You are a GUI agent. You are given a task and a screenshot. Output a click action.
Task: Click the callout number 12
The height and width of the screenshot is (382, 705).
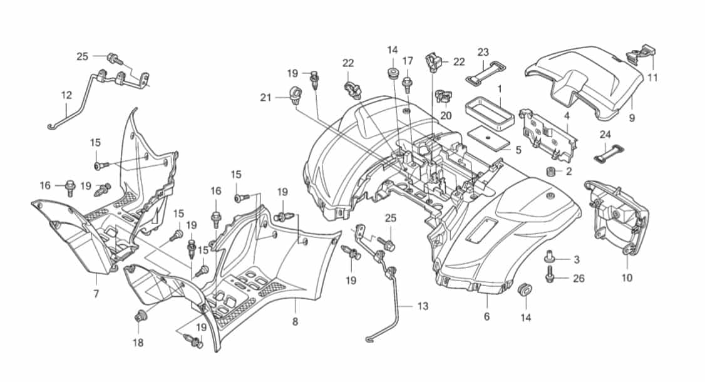pyautogui.click(x=66, y=95)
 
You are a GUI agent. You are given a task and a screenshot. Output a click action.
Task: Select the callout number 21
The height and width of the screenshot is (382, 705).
pyautogui.click(x=266, y=97)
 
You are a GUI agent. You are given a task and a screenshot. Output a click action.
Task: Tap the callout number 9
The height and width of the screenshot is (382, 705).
pyautogui.click(x=632, y=118)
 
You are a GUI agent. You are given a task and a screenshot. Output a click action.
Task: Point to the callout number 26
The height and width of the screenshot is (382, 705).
pyautogui.click(x=579, y=279)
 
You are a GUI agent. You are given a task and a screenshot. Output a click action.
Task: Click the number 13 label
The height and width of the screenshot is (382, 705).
pyautogui.click(x=423, y=306)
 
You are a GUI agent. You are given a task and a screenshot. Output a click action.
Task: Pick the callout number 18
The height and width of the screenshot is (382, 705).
pyautogui.click(x=138, y=343)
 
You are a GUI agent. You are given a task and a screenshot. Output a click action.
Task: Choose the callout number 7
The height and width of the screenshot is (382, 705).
pyautogui.click(x=96, y=294)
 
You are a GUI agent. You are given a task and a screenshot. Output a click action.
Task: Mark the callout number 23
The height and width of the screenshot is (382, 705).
pyautogui.click(x=483, y=52)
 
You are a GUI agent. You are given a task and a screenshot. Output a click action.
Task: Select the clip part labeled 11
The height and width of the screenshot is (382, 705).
pyautogui.click(x=641, y=53)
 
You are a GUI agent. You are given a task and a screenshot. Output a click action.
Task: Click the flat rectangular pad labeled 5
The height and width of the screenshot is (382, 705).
pyautogui.click(x=489, y=140)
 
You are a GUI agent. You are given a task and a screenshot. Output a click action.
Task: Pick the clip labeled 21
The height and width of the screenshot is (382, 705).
pyautogui.click(x=295, y=95)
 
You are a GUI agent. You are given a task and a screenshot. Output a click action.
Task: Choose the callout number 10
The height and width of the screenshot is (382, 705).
pyautogui.click(x=627, y=277)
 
